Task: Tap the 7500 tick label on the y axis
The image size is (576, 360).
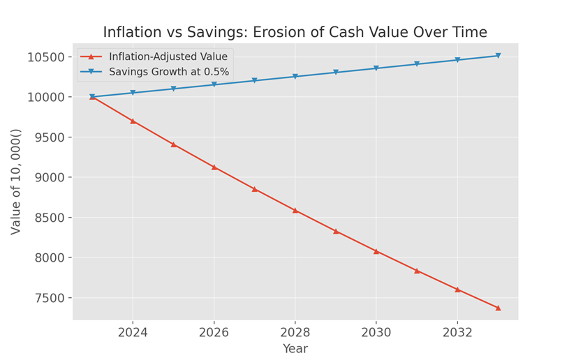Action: click(x=49, y=299)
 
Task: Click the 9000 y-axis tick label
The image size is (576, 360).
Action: click(x=49, y=178)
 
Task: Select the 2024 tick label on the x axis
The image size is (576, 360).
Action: click(x=133, y=332)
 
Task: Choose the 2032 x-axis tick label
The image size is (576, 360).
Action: click(x=457, y=332)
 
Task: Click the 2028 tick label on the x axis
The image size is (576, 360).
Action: click(x=295, y=332)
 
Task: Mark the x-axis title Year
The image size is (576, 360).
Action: click(x=295, y=349)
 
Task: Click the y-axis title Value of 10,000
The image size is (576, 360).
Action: click(x=16, y=181)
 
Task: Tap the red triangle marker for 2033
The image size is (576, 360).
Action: click(x=498, y=308)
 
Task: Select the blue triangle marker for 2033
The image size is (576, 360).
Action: click(x=498, y=56)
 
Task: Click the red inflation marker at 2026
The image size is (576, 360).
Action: click(x=214, y=167)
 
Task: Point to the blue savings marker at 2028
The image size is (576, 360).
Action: click(x=295, y=77)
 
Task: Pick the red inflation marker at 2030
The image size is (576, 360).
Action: click(x=376, y=251)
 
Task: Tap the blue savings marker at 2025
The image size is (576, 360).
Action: click(x=173, y=89)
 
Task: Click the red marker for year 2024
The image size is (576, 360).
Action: click(x=133, y=121)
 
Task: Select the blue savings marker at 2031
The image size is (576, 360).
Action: click(x=417, y=64)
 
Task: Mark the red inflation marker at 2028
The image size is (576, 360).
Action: click(x=295, y=210)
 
